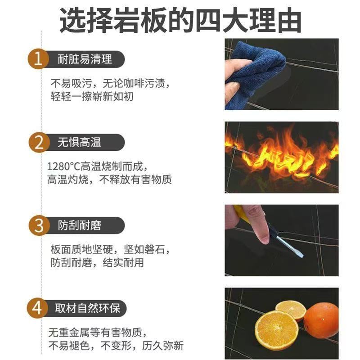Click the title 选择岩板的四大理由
coord(180,20)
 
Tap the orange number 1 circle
coord(38,59)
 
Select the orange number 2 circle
coord(39,142)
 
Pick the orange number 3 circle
coord(39,225)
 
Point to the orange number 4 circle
coord(37,308)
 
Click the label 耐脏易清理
coord(85,59)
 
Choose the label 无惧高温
coord(79,142)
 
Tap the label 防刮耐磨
coord(79,225)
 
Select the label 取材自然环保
coord(87,308)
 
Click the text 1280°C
coord(63,166)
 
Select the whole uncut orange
coord(321,320)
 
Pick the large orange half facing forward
coord(276,330)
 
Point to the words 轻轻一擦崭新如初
coord(92,96)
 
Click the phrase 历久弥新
coord(162,346)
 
